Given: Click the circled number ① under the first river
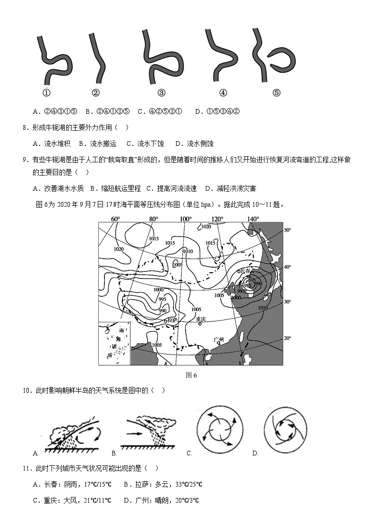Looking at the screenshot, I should pyautogui.click(x=47, y=93).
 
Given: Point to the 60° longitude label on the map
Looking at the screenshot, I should pyautogui.click(x=115, y=219).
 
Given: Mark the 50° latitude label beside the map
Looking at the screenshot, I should pyautogui.click(x=287, y=230).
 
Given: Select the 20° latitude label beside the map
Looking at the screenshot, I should pyautogui.click(x=287, y=338).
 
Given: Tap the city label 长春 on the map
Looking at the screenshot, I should pyautogui.click(x=246, y=271).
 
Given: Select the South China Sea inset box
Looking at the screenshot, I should pyautogui.click(x=114, y=343).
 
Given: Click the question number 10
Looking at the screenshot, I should pyautogui.click(x=26, y=390).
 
